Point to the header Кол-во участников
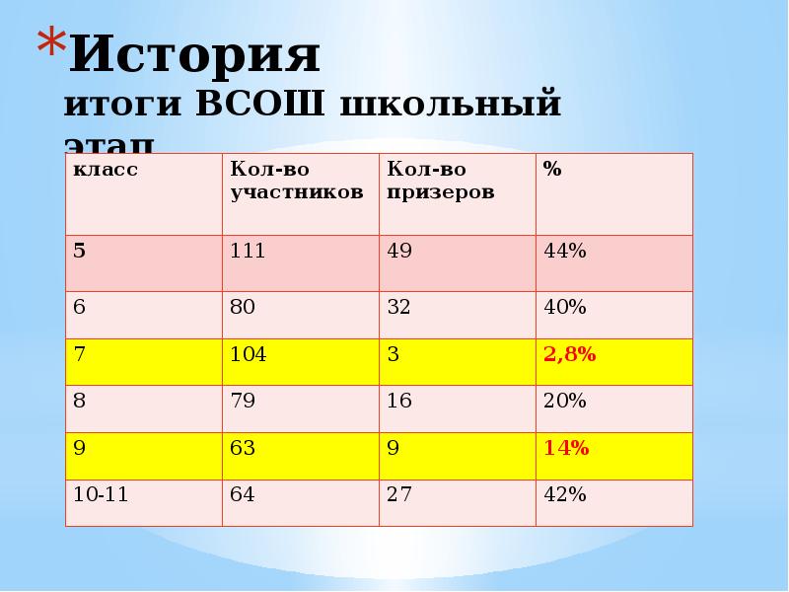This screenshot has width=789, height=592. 296,181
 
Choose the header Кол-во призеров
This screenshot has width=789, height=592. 440,181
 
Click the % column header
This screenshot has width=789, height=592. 551,169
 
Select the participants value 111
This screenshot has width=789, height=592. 248,251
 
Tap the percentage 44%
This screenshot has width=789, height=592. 564,251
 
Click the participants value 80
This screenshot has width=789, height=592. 243,307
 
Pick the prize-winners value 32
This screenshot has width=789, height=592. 399,307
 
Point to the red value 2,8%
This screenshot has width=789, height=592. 569,354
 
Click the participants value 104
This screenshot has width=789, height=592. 248,354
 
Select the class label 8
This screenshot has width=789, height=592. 79,401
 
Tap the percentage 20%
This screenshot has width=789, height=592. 564,401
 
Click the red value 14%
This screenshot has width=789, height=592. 565,448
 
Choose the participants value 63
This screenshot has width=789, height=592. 243,448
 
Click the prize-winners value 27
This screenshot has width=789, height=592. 399,494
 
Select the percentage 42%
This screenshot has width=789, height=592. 564,494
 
